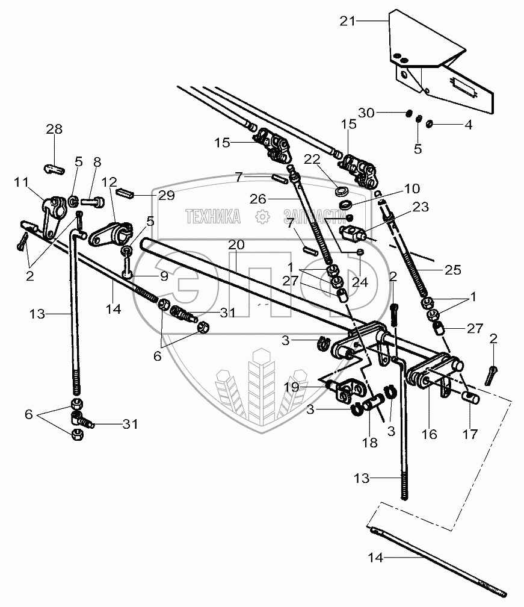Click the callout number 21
pyautogui.click(x=348, y=22)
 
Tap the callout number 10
pyautogui.click(x=412, y=188)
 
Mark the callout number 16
pyautogui.click(x=430, y=434)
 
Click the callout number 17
pyautogui.click(x=472, y=433)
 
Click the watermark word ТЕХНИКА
pyautogui.click(x=212, y=216)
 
